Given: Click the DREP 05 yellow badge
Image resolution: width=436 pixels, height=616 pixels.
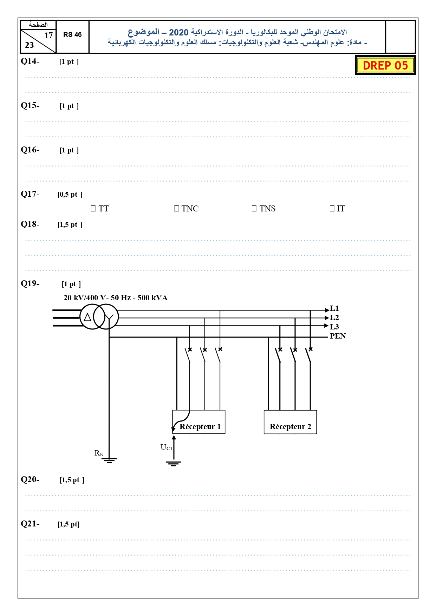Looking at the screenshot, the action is tap(385, 65).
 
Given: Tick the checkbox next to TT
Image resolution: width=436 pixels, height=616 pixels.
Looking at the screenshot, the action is tap(93, 208).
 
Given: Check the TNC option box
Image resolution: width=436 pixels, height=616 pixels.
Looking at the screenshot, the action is tap(176, 208).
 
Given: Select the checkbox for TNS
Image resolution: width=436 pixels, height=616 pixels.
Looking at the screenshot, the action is tap(254, 208).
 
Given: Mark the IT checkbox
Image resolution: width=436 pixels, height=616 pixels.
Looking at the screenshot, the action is tap(332, 208).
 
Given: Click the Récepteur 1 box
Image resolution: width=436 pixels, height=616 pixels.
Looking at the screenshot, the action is tap(199, 422).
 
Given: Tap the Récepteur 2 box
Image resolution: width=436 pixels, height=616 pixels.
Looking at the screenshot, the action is tap(290, 422).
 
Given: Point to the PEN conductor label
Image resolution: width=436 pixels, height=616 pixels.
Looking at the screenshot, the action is tap(338, 336).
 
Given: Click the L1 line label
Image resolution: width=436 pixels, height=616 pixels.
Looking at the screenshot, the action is tap(334, 308).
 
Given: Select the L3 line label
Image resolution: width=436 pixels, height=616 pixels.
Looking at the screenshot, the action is tap(334, 327).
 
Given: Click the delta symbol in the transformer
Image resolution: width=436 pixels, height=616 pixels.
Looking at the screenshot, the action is tap(87, 317).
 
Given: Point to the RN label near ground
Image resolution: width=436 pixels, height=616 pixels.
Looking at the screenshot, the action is tap(99, 453).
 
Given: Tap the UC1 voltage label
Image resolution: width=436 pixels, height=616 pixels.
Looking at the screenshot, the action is tap(167, 447).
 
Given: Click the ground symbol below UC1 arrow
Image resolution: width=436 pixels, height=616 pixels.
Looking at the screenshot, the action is tap(174, 464).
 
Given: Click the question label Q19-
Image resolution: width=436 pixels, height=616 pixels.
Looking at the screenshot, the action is tap(30, 283).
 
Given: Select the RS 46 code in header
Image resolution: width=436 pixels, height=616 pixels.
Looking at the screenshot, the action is tap(72, 34).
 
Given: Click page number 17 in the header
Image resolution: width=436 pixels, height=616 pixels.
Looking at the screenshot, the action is tap(48, 35).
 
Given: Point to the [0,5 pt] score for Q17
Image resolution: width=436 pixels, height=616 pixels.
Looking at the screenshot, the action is tap(70, 194).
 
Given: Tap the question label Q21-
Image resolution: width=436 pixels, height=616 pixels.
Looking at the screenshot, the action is tap(30, 524).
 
